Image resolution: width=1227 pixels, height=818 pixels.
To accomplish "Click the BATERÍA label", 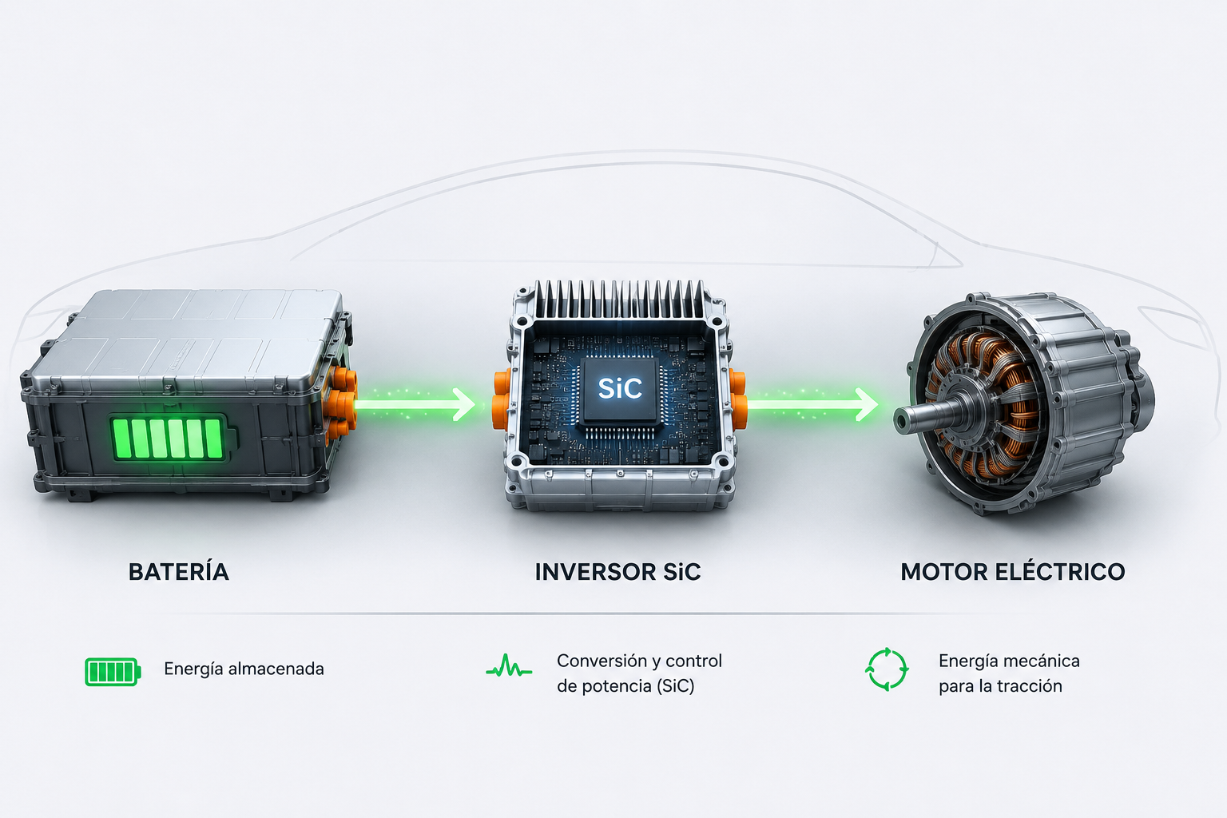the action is click(179, 571).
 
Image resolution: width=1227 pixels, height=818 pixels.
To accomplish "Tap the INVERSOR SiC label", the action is click(617, 572).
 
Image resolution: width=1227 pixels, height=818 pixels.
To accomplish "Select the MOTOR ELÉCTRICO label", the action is click(1013, 571).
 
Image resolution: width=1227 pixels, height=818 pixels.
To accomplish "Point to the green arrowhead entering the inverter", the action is click(465, 405).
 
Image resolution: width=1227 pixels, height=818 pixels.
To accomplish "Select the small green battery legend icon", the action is click(113, 672).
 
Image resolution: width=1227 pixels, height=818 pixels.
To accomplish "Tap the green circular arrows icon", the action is click(887, 669).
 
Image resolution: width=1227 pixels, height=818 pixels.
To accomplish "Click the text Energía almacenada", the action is click(244, 669).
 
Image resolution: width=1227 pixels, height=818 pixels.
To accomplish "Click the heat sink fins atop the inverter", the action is click(620, 299).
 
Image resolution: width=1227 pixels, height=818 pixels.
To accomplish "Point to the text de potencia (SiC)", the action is click(625, 686).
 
